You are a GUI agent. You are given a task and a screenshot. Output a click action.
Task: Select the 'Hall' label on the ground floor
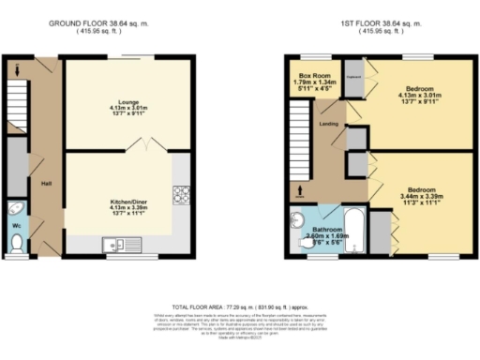tap(45, 183)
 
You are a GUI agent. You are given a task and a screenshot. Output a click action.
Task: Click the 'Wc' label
tap(17, 226)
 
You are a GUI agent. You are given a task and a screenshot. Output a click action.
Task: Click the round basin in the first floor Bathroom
tap(298, 222)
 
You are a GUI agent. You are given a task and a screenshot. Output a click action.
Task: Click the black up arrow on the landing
tap(300, 194)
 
